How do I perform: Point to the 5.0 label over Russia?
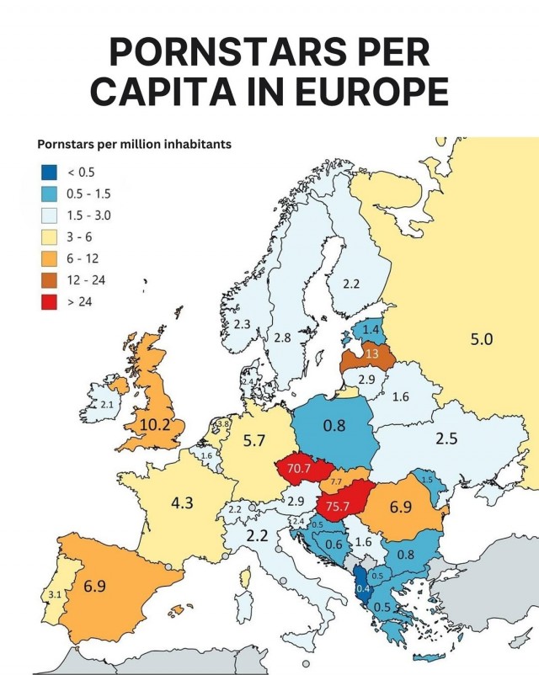tap(480, 339)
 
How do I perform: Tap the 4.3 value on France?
tap(181, 502)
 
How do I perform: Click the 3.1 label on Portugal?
tap(53, 594)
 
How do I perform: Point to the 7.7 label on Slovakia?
tap(335, 481)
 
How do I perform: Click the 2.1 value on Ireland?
tap(107, 405)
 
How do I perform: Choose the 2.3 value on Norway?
tap(242, 323)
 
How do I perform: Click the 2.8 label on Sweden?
tap(282, 337)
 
